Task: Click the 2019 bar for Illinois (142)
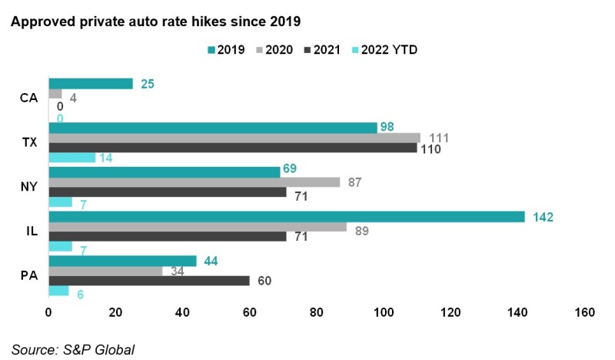286,217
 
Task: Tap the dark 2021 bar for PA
149,281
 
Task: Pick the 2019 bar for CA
91,83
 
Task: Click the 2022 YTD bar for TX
72,158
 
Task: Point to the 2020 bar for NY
194,182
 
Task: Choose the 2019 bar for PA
122,261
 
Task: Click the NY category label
29,187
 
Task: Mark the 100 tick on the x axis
383,313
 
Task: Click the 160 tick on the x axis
583,313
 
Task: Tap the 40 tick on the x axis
182,313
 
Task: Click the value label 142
543,217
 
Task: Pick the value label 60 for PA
265,281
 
